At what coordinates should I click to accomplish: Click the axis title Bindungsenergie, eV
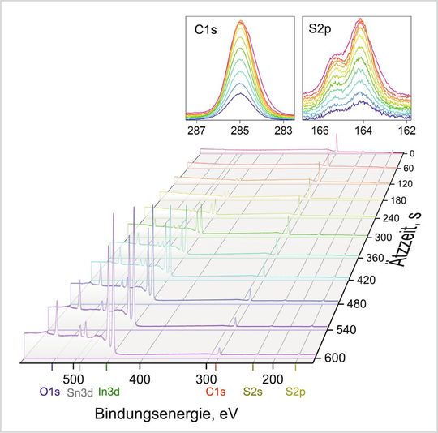click(166, 414)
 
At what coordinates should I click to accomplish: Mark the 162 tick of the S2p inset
click(407, 129)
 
